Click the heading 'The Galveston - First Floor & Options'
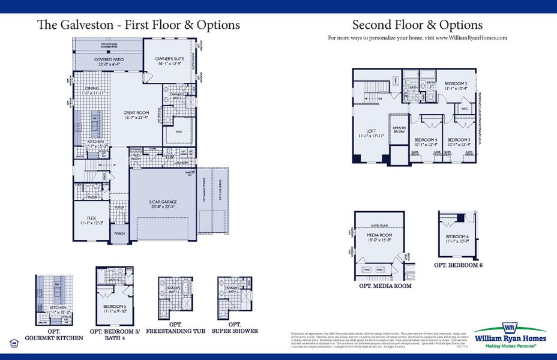tap(139, 25)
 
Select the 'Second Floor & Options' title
tap(417, 25)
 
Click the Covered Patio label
tap(109, 59)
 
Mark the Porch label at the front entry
tap(119, 234)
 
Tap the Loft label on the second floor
tap(371, 133)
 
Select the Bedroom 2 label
tap(456, 85)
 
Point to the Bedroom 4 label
tap(427, 141)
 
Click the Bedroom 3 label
tap(459, 141)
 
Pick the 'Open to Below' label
tap(399, 130)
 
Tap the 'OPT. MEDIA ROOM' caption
tap(385, 286)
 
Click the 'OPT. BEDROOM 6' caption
tap(459, 265)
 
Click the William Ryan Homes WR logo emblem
tap(510, 328)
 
